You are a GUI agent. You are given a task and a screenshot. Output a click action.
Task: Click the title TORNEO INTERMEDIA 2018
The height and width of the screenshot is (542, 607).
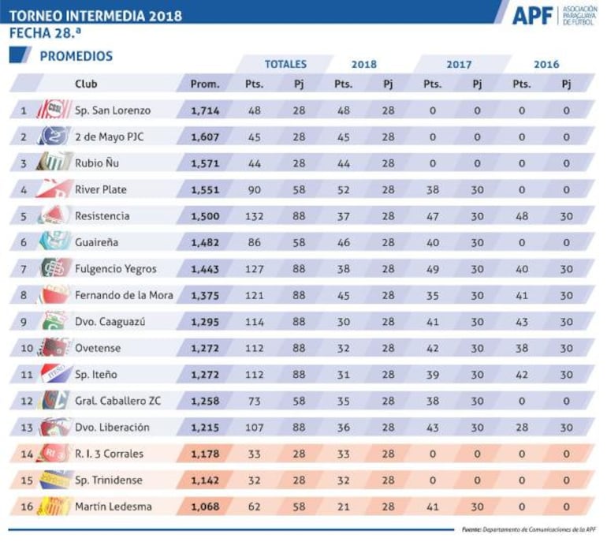[x=95, y=15]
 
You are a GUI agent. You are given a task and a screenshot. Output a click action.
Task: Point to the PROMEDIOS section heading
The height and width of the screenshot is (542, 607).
[x=76, y=56]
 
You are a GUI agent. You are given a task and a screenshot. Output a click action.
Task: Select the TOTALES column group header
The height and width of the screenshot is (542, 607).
[x=285, y=64]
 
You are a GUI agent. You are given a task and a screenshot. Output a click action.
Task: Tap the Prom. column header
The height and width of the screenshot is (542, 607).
[x=205, y=84]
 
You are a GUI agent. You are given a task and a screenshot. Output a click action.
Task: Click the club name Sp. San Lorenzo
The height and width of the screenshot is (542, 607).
[x=113, y=110]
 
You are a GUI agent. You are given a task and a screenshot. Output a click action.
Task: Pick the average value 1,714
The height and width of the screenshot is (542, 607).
[x=205, y=110]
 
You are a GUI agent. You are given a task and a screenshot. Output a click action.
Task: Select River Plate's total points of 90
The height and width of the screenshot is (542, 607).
[x=254, y=189]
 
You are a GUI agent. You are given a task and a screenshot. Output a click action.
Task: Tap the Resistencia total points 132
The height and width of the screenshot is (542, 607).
[x=254, y=216]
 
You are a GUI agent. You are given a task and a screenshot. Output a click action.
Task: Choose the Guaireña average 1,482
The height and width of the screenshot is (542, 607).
[x=205, y=242]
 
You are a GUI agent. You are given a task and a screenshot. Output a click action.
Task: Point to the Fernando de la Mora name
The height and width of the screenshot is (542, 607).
[x=124, y=295]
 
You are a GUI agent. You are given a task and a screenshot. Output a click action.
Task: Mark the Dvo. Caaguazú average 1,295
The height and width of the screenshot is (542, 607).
[x=205, y=322]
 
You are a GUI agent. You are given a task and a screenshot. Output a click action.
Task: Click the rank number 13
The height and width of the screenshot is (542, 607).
[x=24, y=428]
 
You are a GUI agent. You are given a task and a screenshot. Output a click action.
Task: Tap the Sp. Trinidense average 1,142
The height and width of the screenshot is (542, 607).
[x=205, y=480]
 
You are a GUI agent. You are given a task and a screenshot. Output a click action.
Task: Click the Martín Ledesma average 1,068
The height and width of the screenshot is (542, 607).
[x=205, y=506]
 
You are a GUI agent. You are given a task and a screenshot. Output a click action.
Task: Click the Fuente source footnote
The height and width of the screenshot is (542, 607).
[x=528, y=529]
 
